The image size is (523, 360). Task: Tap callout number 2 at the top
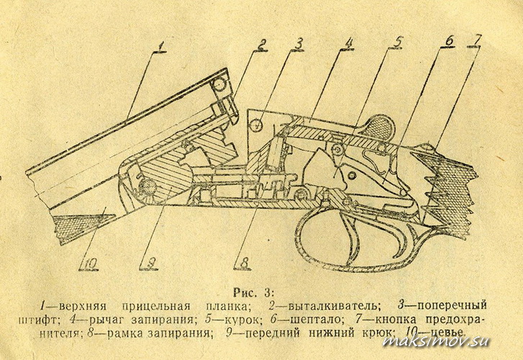(262, 45)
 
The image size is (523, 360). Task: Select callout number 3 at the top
(299, 44)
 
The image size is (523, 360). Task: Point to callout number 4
(348, 43)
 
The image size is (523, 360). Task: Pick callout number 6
(449, 41)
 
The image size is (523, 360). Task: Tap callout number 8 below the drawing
(243, 263)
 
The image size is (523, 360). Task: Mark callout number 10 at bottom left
(89, 264)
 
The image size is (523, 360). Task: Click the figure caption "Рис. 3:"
(253, 292)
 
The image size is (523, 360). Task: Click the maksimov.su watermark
(437, 341)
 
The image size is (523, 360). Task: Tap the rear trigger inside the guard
(402, 239)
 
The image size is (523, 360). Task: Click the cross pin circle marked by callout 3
(257, 125)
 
